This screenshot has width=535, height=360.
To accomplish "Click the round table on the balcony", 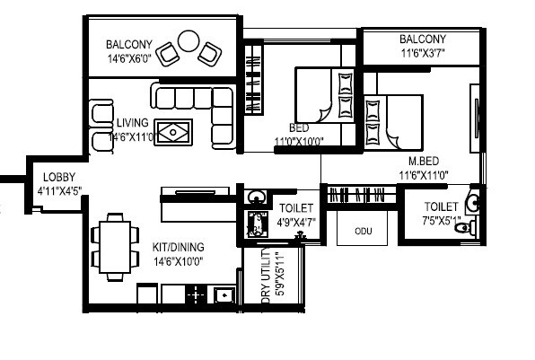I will pos(189,41).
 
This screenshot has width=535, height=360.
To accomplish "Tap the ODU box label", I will pos(363,231).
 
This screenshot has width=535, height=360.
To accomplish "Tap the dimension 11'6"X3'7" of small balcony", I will pos(422,53).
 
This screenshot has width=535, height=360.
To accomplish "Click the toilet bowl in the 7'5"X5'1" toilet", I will pos(464,229).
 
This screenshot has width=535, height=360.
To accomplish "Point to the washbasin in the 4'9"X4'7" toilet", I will pos(255,198).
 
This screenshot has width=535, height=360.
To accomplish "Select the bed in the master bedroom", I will pos(394,121).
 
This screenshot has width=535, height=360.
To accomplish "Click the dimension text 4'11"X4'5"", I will pos(60,190).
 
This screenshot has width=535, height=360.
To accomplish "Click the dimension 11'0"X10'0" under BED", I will pos(299,141).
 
